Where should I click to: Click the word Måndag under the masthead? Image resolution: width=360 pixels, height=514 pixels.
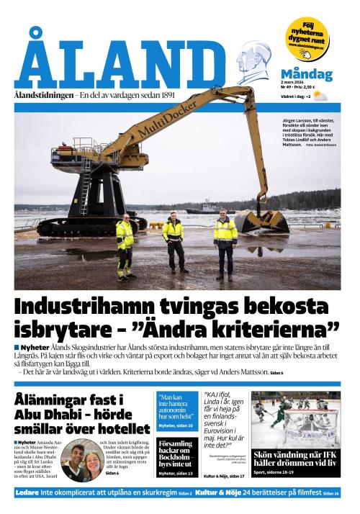point(306,74)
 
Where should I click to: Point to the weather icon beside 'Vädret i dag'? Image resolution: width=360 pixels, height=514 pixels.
point(318,95)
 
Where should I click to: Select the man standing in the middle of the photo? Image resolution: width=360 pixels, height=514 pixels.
point(173,241)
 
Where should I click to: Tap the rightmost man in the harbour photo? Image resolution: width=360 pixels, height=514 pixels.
point(225,243)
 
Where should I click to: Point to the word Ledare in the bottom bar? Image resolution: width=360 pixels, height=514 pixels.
point(28,492)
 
